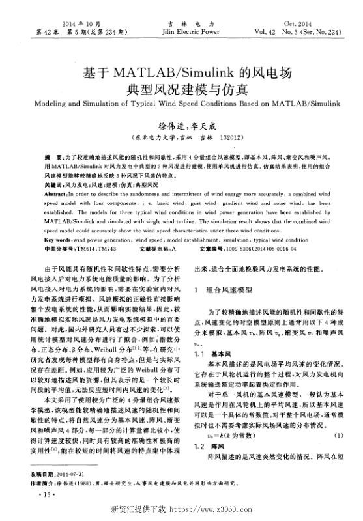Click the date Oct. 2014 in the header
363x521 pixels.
coord(302,21)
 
